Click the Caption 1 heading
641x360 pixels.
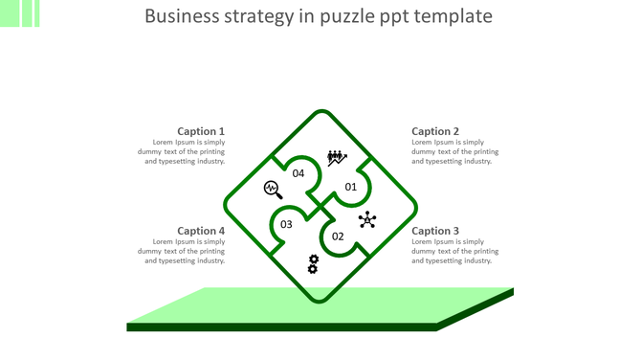pyautogui.click(x=201, y=131)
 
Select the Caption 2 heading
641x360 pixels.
pyautogui.click(x=435, y=131)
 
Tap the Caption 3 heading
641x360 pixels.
pyautogui.click(x=435, y=231)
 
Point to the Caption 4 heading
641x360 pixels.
pyautogui.click(x=201, y=231)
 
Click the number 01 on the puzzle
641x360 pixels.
pyautogui.click(x=351, y=187)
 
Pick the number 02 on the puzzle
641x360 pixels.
pyautogui.click(x=338, y=236)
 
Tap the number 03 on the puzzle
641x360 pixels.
pyautogui.click(x=286, y=225)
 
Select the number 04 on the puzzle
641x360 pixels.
pyautogui.click(x=298, y=173)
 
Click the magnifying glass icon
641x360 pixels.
pyautogui.click(x=273, y=190)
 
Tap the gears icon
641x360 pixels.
pyautogui.click(x=313, y=264)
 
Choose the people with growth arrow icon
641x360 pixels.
pyautogui.click(x=336, y=158)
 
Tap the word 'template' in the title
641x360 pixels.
pyautogui.click(x=459, y=16)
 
